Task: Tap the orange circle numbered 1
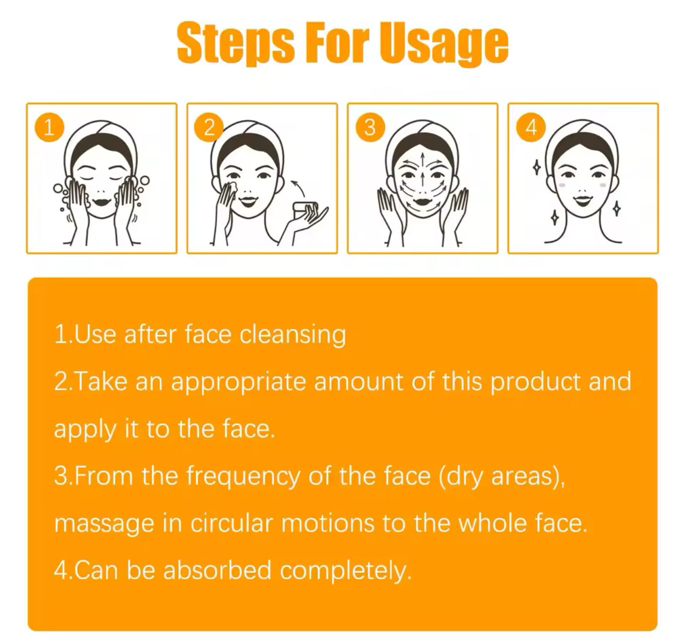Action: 49,128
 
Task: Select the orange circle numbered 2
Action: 209,128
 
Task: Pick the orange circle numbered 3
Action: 370,128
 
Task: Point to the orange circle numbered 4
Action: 531,128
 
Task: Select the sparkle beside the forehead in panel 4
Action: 537,167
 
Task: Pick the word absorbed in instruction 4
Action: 217,570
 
